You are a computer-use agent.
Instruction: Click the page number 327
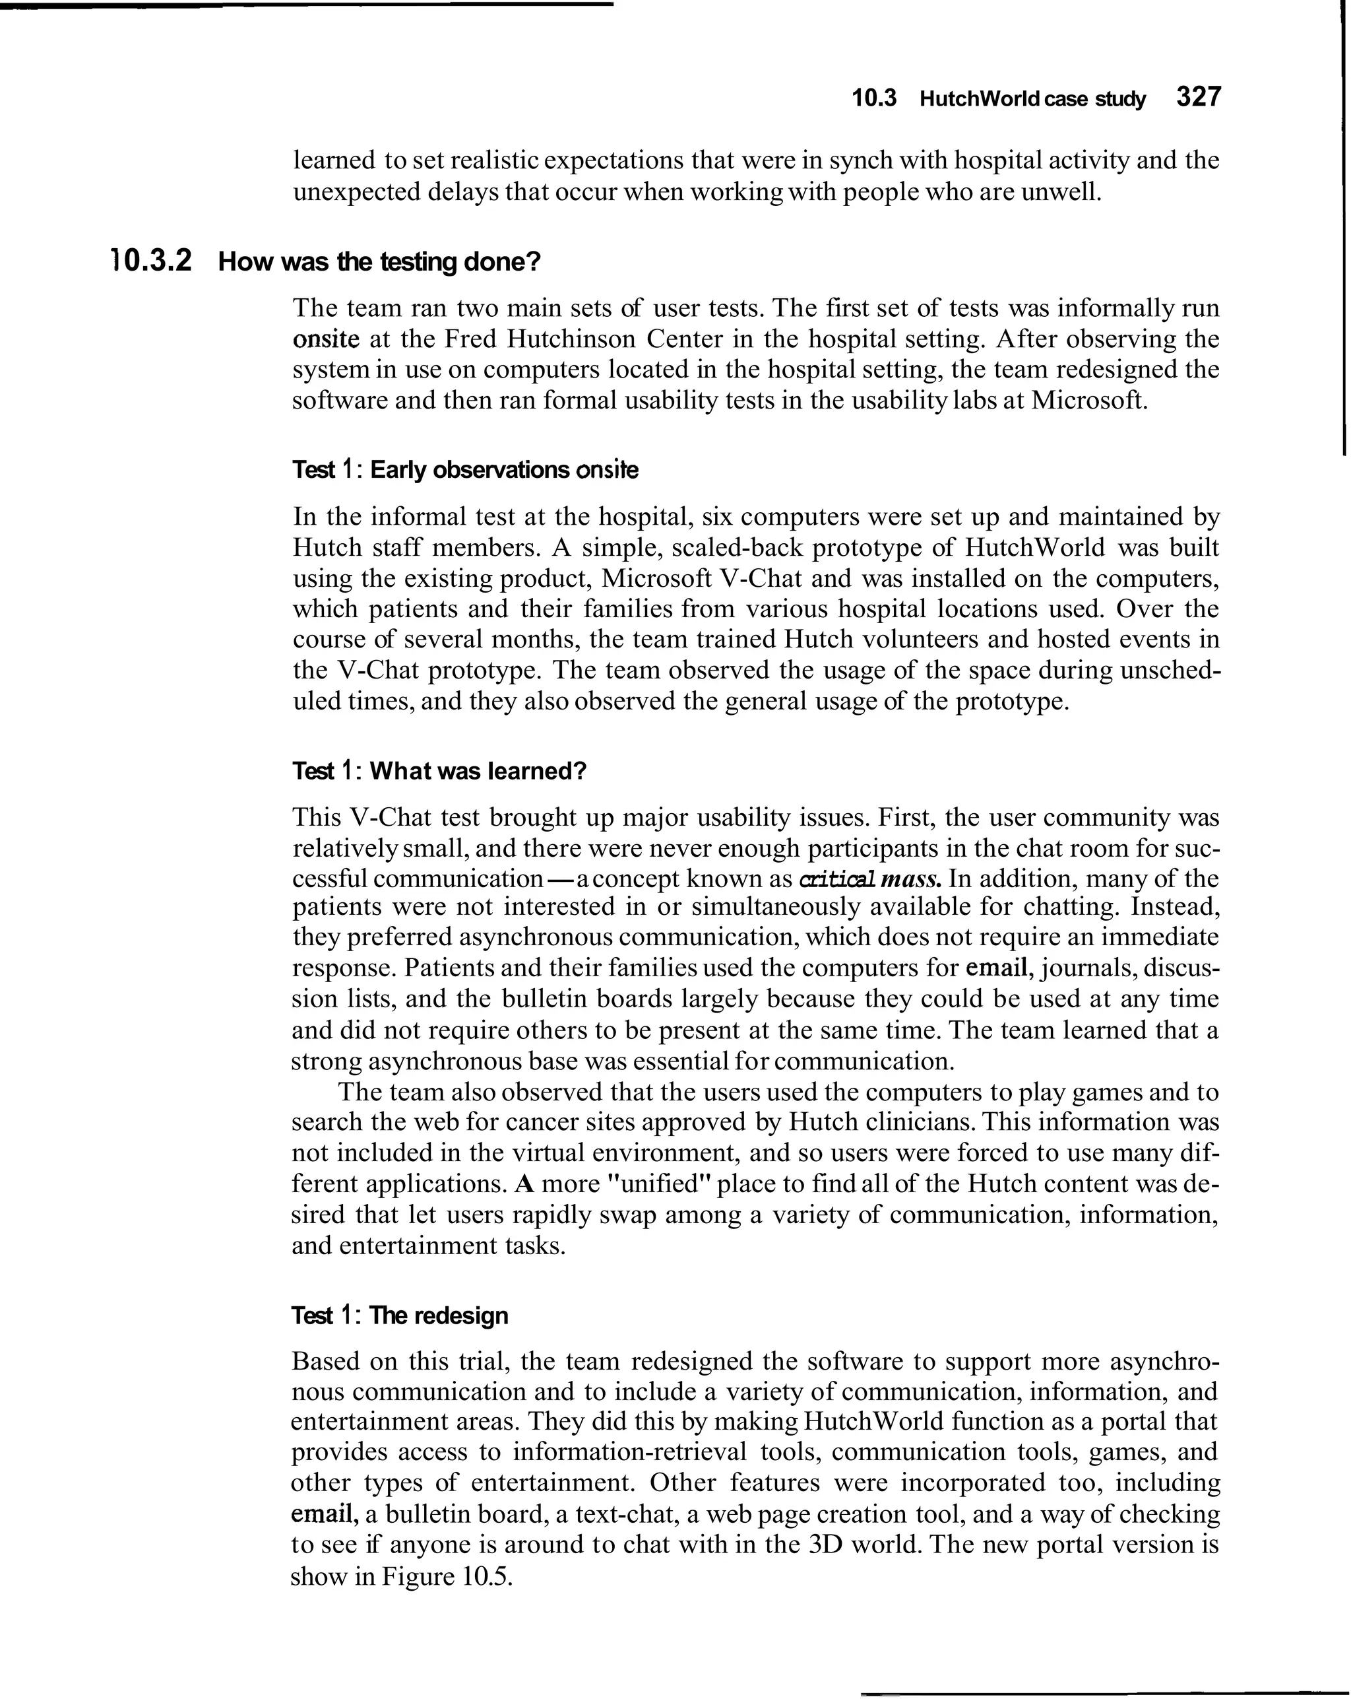coord(1197,98)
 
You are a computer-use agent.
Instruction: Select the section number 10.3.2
coord(150,260)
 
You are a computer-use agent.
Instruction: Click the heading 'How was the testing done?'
coord(380,261)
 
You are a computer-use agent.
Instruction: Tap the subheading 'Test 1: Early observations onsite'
coord(465,471)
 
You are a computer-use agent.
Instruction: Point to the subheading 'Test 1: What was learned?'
coord(439,771)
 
